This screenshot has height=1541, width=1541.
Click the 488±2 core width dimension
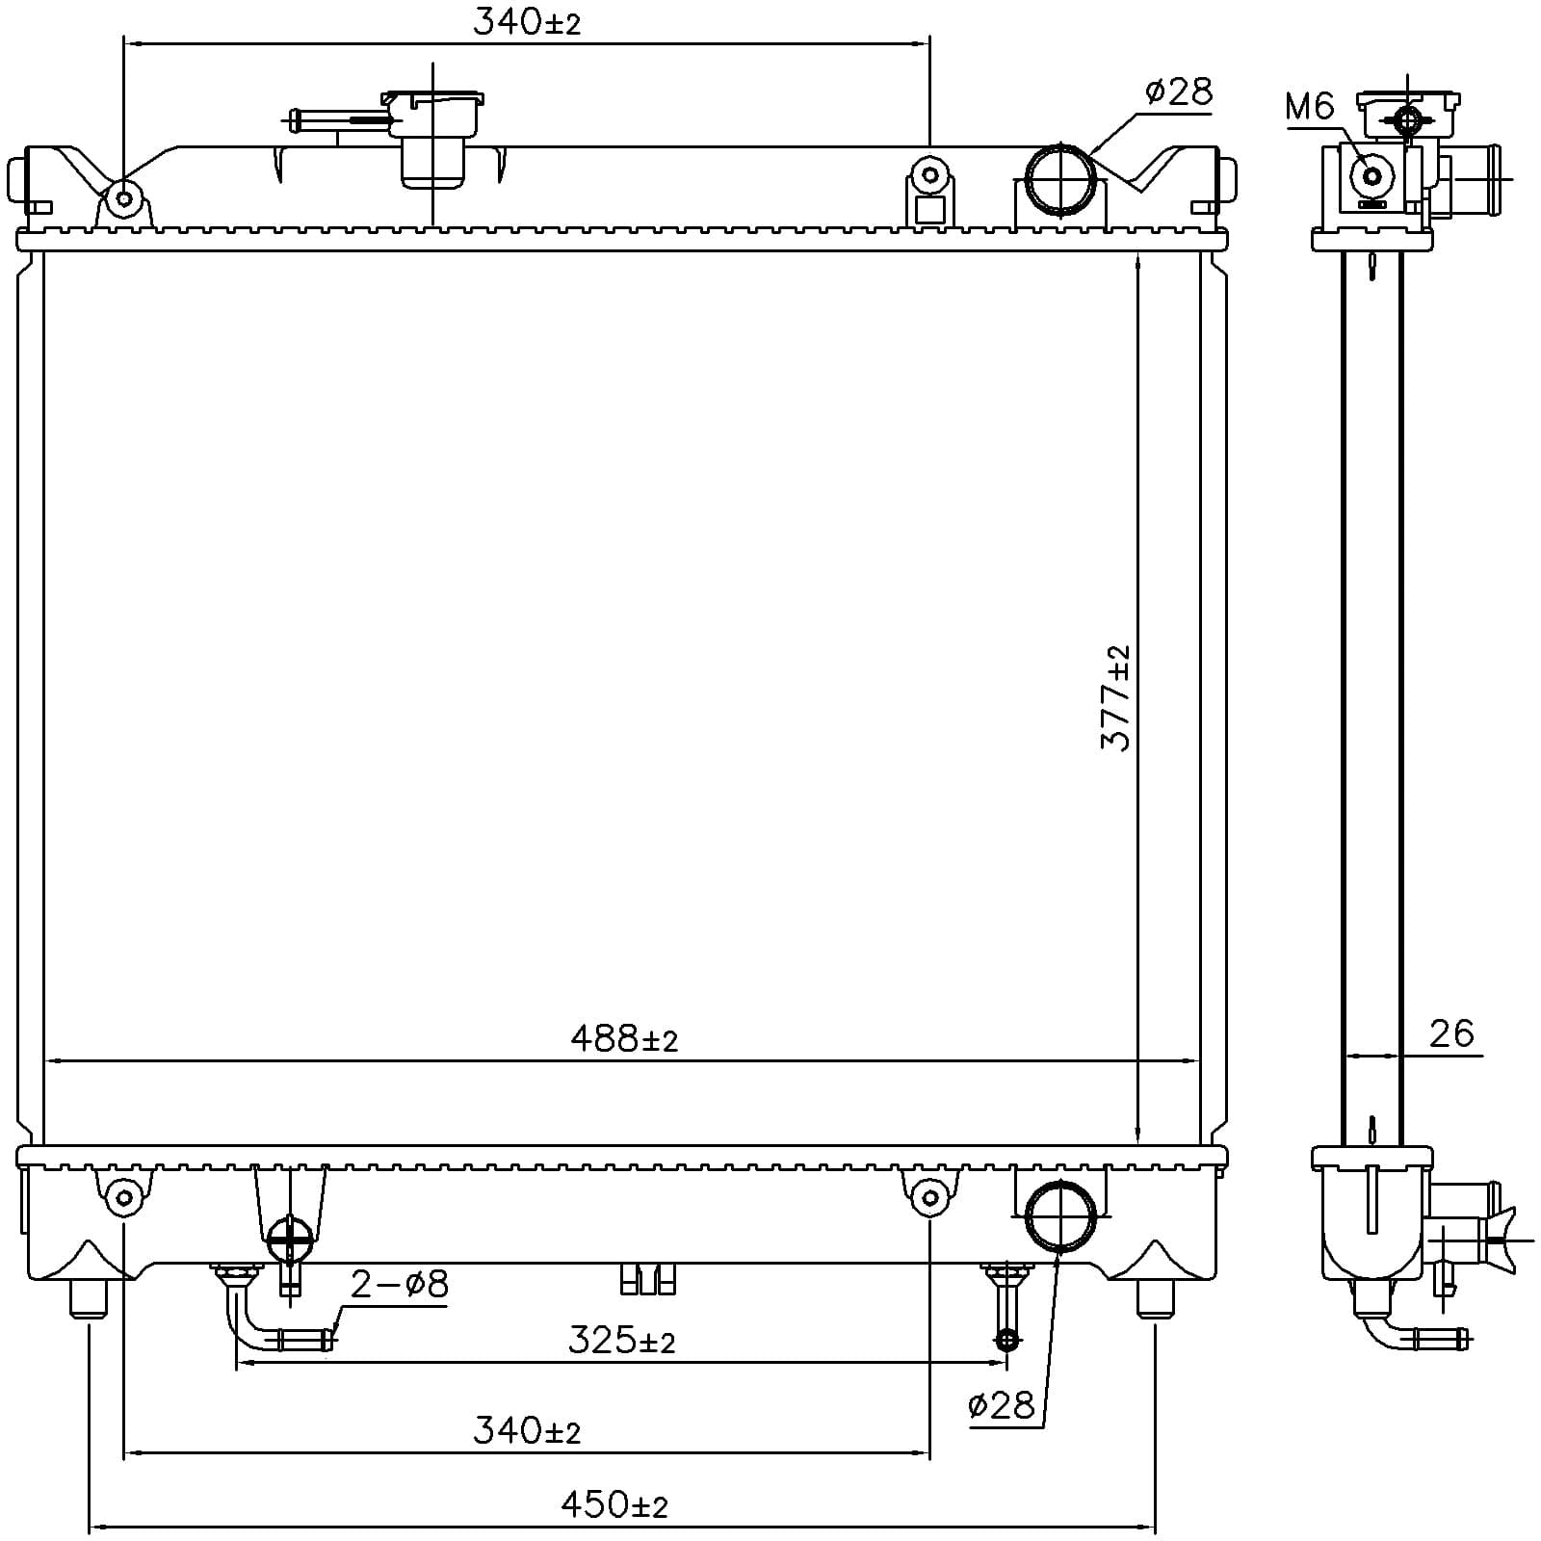624,1038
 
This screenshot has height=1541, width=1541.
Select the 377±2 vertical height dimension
1116,698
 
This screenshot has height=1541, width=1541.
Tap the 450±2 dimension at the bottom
614,1504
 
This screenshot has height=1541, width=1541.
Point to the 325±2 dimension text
621,1340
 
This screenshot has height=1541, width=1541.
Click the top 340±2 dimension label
527,23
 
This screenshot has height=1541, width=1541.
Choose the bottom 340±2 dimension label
527,1431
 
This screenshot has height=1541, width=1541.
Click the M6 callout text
1310,107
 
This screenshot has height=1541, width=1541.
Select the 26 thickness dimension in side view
1451,1033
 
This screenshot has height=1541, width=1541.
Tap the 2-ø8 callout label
400,1284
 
